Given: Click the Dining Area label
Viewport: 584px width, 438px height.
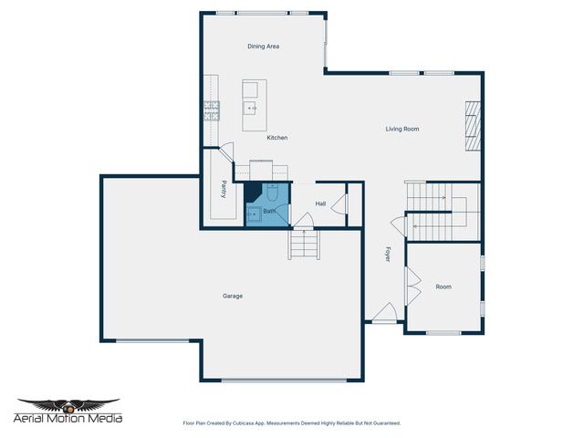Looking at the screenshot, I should point(263,46).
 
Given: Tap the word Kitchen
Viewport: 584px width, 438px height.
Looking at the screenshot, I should point(276,138).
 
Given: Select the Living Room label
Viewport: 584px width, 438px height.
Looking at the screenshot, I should point(401,129).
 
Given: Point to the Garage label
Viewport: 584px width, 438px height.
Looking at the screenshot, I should point(233,296).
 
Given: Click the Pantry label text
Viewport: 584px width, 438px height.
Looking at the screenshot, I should point(224,189).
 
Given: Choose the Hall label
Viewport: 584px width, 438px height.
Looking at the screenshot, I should point(320,203).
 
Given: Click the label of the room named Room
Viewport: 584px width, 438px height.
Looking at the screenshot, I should point(443,287).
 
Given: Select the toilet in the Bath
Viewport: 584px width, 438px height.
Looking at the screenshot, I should point(272,193).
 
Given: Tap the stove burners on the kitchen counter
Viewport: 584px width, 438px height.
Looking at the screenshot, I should point(212,111).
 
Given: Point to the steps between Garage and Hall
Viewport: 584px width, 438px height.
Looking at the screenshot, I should point(304,245).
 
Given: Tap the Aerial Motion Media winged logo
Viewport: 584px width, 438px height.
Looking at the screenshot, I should point(69,404).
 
